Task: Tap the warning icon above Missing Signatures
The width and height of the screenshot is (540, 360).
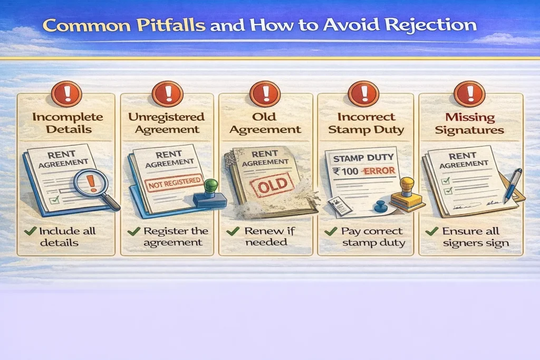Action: (466, 94)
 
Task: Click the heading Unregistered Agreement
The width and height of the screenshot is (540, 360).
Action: (166, 123)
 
